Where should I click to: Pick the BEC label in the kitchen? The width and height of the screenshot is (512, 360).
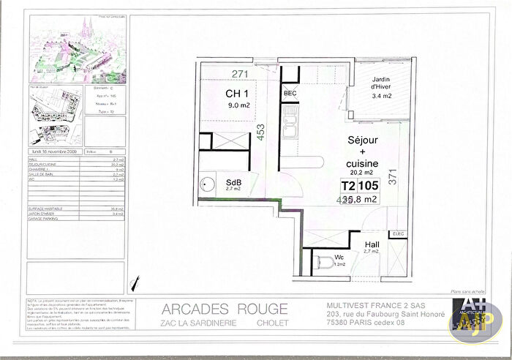(x=290, y=94)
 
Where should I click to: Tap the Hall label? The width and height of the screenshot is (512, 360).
(x=372, y=244)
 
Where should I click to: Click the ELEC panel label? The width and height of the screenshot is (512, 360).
(x=399, y=234)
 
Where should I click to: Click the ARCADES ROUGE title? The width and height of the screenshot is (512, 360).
(x=224, y=308)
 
